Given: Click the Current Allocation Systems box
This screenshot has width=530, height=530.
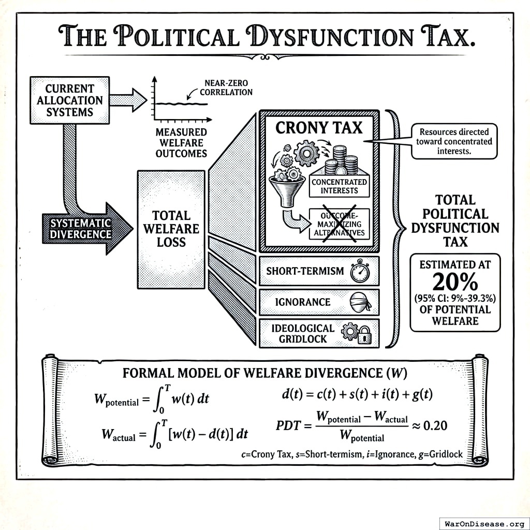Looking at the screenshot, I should pyautogui.click(x=70, y=100).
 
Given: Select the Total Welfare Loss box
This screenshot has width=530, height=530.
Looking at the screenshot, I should pyautogui.click(x=171, y=228).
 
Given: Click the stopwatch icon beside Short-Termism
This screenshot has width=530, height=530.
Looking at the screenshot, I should pyautogui.click(x=359, y=272).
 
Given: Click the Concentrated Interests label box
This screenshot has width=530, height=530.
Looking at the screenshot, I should pyautogui.click(x=339, y=186).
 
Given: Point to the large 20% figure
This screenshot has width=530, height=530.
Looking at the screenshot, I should pyautogui.click(x=455, y=283).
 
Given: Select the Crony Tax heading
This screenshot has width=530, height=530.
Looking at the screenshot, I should pyautogui.click(x=319, y=127).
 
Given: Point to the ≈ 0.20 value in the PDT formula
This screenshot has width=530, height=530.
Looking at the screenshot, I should pyautogui.click(x=430, y=425).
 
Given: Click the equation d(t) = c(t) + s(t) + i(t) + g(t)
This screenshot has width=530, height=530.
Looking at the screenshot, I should pyautogui.click(x=355, y=394).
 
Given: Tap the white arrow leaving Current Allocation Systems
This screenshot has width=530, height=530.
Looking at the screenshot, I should pyautogui.click(x=129, y=99).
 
